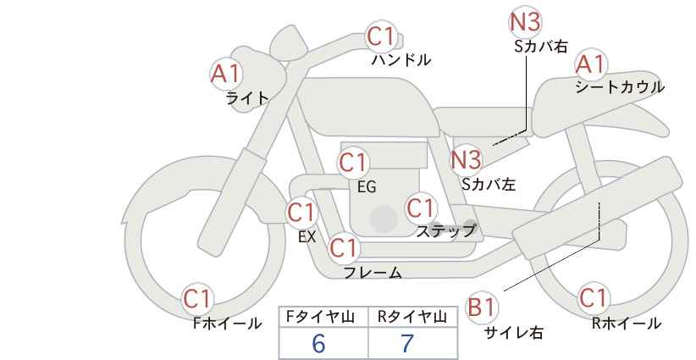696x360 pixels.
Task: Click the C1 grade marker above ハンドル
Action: (381, 36)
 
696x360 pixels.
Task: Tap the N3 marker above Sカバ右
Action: (524, 22)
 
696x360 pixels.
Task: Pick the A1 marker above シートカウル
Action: (591, 65)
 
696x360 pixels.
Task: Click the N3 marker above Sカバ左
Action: (466, 160)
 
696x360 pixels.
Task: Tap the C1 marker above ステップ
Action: (421, 208)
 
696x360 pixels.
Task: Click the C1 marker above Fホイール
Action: (197, 299)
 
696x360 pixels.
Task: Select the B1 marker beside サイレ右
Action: (482, 307)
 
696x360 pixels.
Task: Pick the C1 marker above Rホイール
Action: (594, 298)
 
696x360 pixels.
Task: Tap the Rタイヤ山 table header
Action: (412, 317)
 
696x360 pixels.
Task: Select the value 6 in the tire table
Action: (318, 343)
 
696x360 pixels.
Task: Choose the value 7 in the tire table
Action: (407, 343)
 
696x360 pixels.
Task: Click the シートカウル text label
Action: (620, 87)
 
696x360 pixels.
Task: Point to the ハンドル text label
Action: (401, 59)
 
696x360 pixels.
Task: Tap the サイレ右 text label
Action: (514, 332)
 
